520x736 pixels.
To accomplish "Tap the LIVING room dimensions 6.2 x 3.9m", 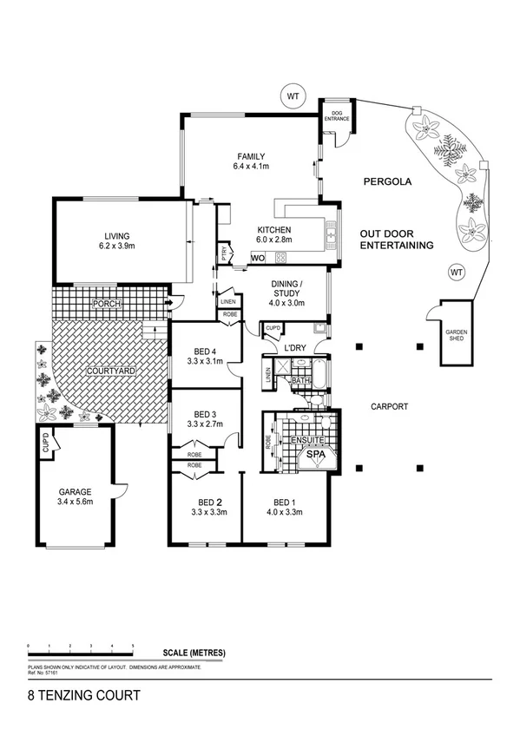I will click(116, 246).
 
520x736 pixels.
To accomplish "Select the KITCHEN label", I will click(273, 230).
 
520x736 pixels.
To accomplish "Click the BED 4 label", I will click(207, 352).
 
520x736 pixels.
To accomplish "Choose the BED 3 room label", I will click(207, 413).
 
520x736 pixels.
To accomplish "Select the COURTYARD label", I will click(109, 371).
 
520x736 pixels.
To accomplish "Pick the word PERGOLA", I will click(386, 182).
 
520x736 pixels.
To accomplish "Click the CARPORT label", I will click(389, 406).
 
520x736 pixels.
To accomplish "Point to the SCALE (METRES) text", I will click(194, 652).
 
